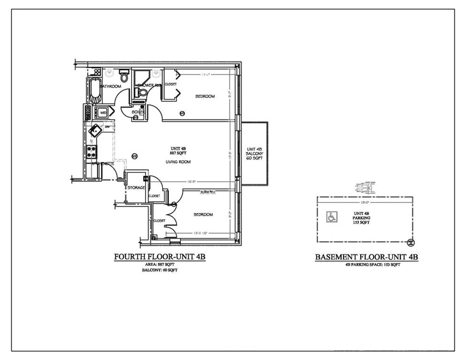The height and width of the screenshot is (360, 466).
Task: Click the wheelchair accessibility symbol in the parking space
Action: pyautogui.click(x=331, y=217)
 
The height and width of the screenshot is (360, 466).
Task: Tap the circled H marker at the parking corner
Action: pyautogui.click(x=411, y=242)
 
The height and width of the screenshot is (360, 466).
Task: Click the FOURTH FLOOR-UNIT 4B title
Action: pyautogui.click(x=161, y=257)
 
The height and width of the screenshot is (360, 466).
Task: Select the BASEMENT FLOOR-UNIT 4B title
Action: pyautogui.click(x=366, y=257)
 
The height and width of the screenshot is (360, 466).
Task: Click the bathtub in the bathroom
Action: pyautogui.click(x=95, y=90)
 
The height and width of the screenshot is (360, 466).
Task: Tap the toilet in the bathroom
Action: pyautogui.click(x=124, y=75)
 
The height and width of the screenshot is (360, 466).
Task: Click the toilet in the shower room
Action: pyautogui.click(x=143, y=92)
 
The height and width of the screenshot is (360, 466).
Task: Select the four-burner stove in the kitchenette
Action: pyautogui.click(x=92, y=151)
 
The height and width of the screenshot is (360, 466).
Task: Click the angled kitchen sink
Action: pyautogui.click(x=96, y=129)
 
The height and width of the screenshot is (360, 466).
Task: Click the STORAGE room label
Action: pyautogui.click(x=136, y=188)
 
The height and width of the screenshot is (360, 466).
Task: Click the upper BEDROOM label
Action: pyautogui.click(x=205, y=97)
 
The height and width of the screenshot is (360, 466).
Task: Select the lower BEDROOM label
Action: pyautogui.click(x=203, y=215)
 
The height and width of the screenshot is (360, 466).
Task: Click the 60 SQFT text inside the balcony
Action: pyautogui.click(x=255, y=158)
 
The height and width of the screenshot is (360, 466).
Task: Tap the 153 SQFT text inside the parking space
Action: pyautogui.click(x=361, y=223)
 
